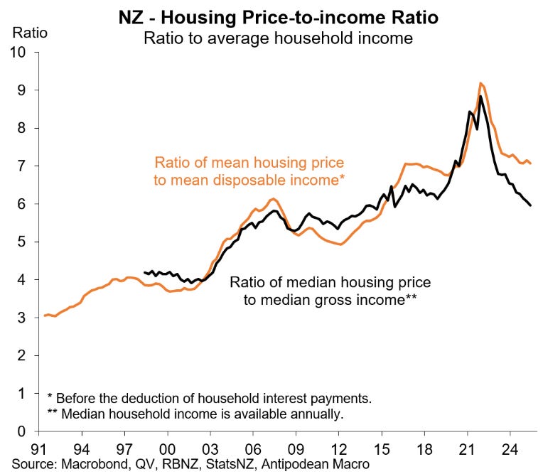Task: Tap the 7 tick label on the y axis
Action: point(22,166)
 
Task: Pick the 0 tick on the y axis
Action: point(22,431)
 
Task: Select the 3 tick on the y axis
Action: point(22,318)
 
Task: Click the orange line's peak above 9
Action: point(481,83)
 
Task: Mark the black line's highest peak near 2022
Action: point(481,96)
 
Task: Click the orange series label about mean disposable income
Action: point(249,171)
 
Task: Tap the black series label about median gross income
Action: point(330,291)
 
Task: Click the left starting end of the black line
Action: point(144,272)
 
